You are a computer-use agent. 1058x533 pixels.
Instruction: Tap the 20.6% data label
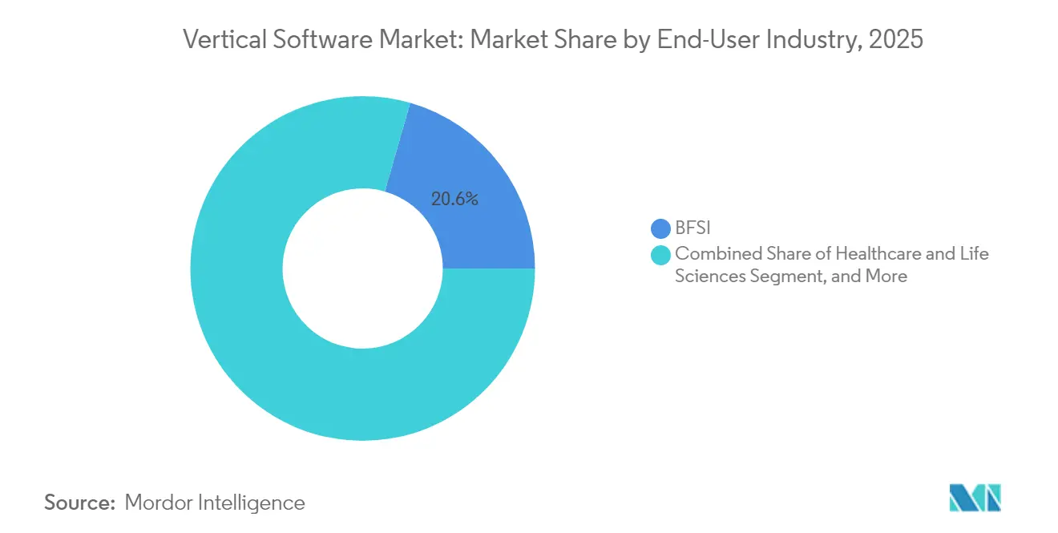coord(454,200)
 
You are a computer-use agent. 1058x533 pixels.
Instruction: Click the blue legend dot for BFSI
coord(660,229)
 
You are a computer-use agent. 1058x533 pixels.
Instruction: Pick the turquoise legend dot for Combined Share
coord(660,255)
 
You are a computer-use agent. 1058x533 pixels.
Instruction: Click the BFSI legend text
coord(693,229)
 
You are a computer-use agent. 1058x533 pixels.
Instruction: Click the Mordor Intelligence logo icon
coord(975,499)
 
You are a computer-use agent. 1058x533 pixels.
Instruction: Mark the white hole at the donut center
coord(362,269)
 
